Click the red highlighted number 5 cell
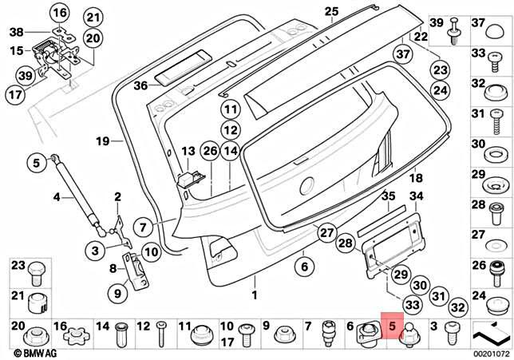pyautogui.click(x=393, y=327)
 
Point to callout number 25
pyautogui.click(x=331, y=10)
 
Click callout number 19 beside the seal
pyautogui.click(x=101, y=142)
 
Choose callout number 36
pyautogui.click(x=140, y=85)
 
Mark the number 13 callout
pyautogui.click(x=188, y=151)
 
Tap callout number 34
pyautogui.click(x=417, y=196)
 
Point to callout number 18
pyautogui.click(x=393, y=178)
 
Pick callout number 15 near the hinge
pyautogui.click(x=17, y=50)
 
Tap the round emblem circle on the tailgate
pyautogui.click(x=308, y=186)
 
